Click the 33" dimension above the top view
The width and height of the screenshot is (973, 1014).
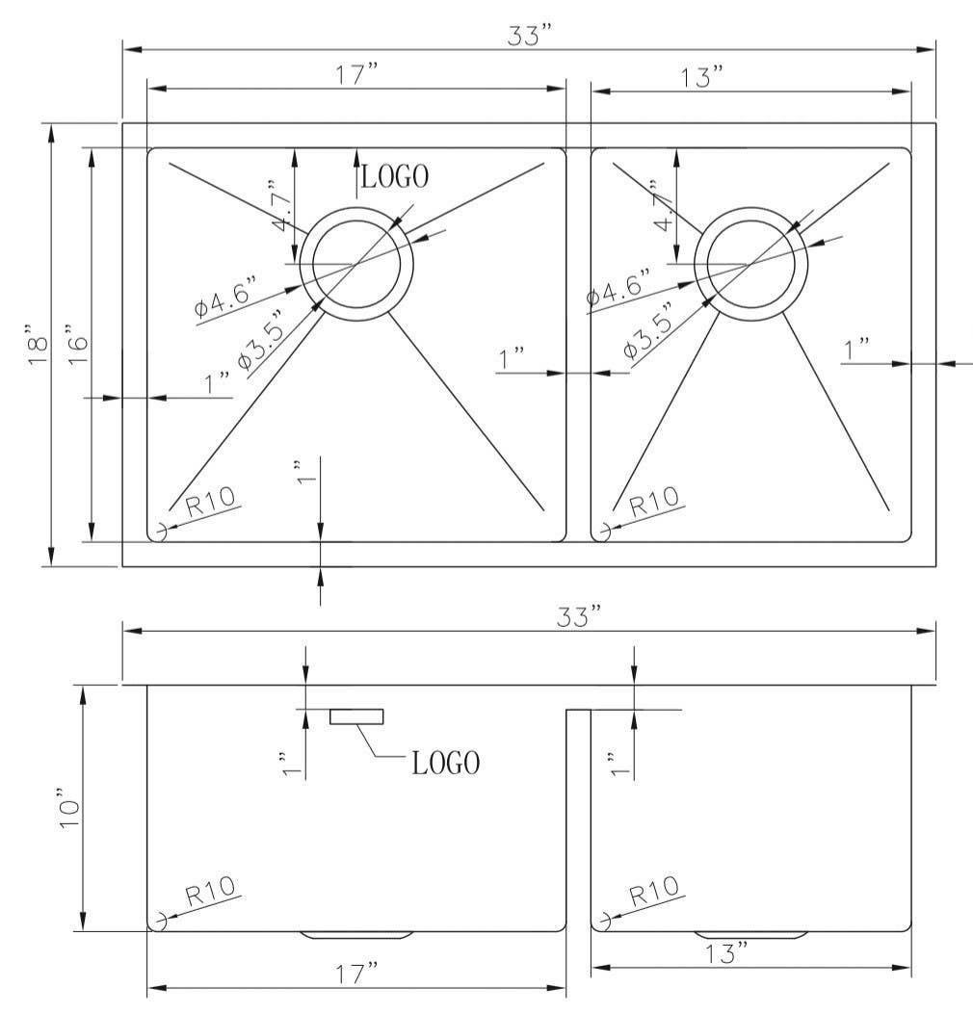tap(529, 34)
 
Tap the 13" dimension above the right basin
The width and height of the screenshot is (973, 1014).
tap(702, 77)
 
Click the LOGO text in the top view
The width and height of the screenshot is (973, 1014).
tap(395, 175)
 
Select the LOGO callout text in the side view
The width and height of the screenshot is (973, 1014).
tap(445, 764)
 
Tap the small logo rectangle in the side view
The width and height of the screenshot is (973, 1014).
tap(356, 715)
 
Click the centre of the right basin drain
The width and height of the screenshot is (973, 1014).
tap(749, 263)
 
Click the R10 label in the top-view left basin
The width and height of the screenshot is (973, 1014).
tap(211, 502)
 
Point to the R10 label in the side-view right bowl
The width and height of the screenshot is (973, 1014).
tap(654, 892)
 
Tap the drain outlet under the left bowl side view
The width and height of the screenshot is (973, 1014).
tap(356, 934)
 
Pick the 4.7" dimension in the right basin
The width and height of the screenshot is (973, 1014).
tap(662, 206)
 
